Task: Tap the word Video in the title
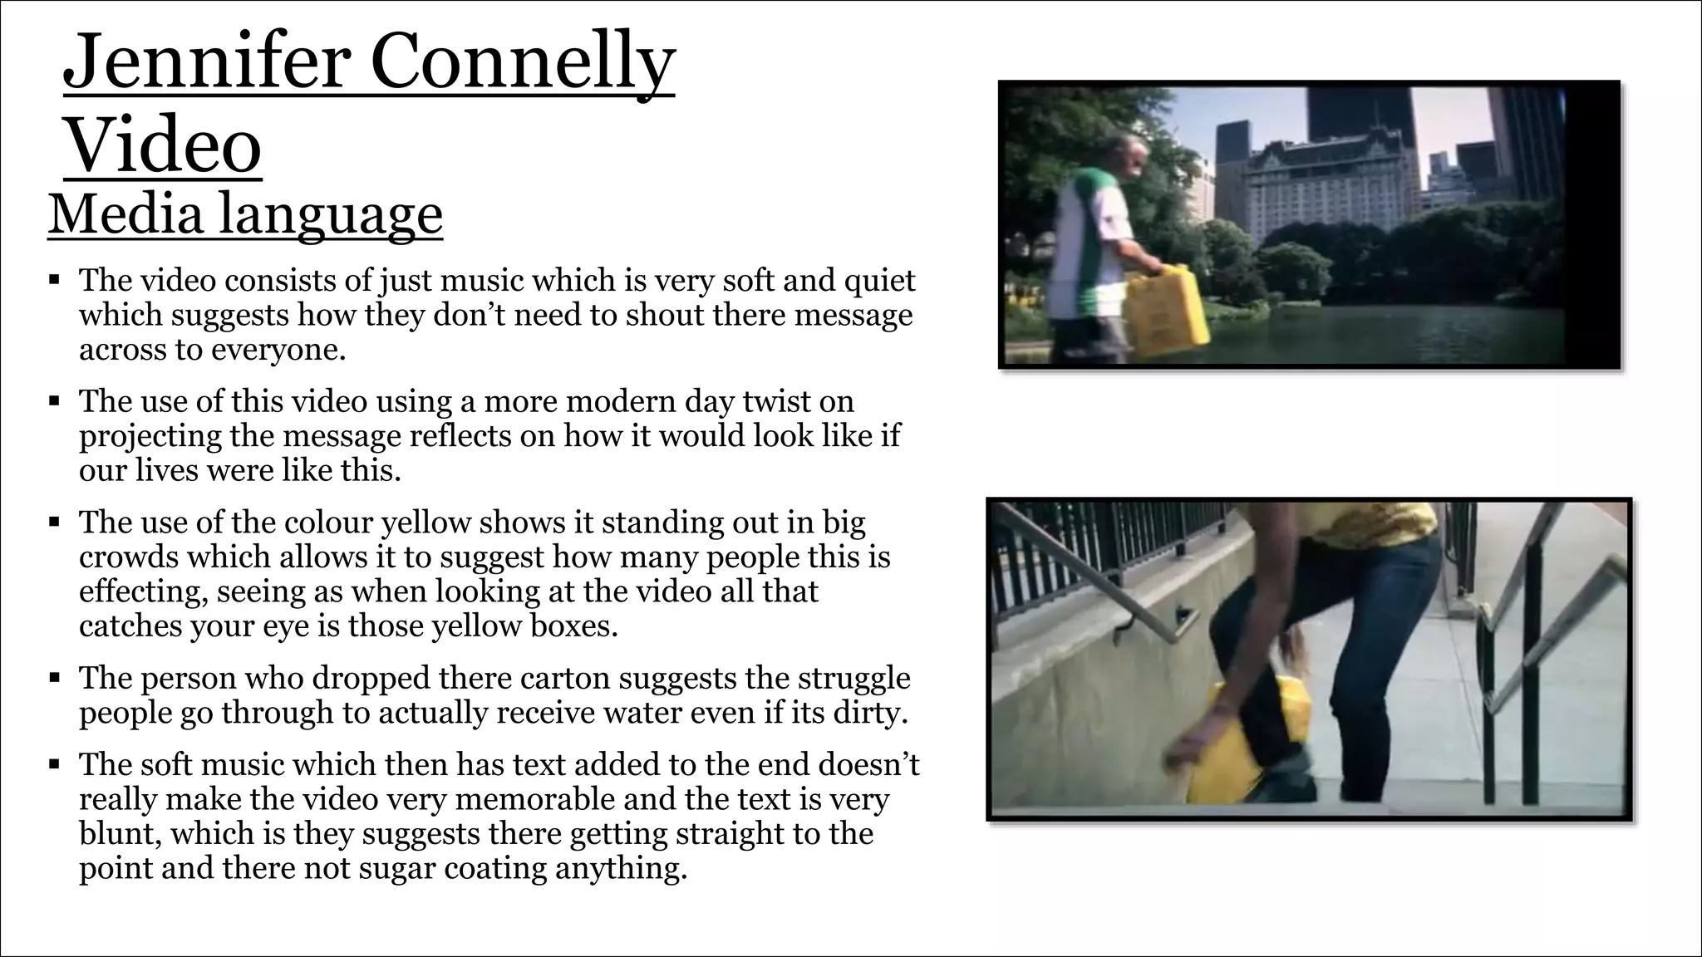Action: tap(163, 145)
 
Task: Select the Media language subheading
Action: tap(245, 214)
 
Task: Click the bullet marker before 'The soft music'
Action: tap(54, 763)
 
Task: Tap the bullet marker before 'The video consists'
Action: tap(54, 280)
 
